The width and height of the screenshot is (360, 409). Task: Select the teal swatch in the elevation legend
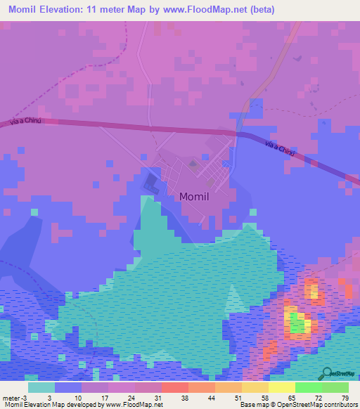point(41,387)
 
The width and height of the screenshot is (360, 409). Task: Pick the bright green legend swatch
point(308,387)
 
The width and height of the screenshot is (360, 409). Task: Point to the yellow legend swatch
point(281,387)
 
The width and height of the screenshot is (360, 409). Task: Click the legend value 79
point(345,398)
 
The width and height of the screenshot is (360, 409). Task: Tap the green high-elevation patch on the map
point(299,326)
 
